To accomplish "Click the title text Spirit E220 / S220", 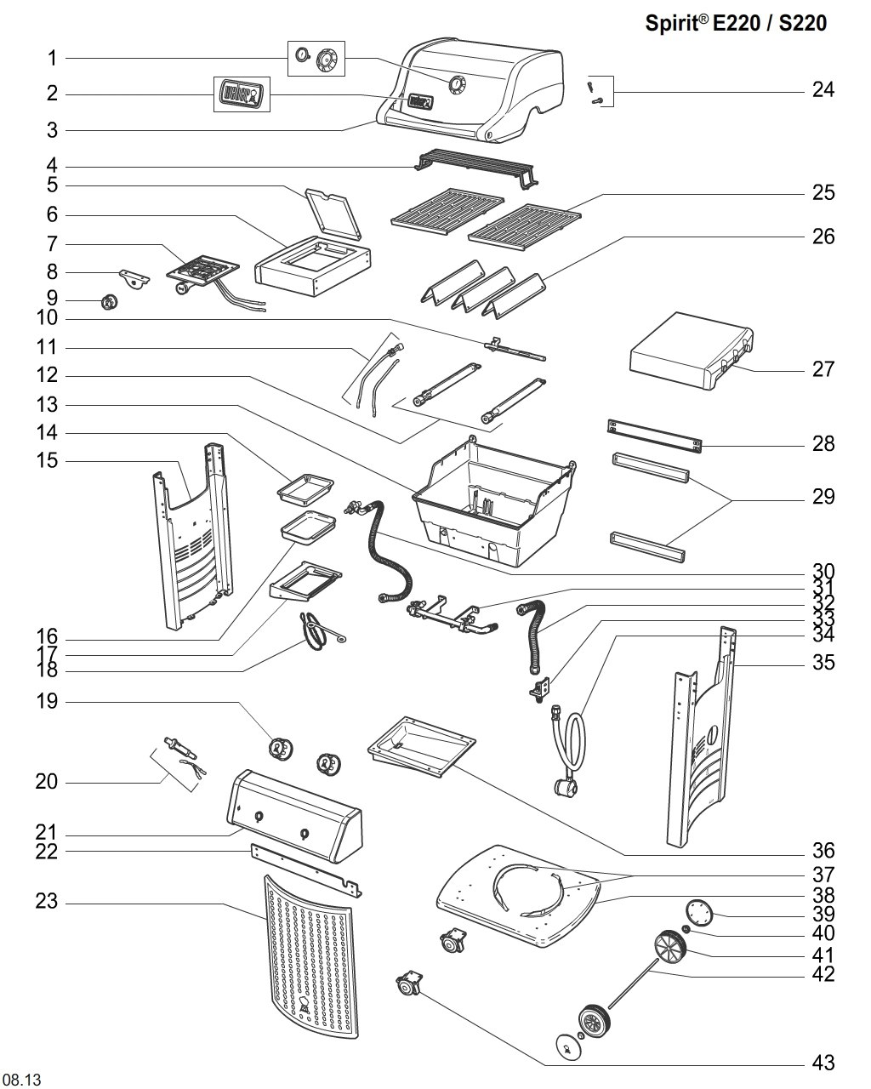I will click(x=736, y=24).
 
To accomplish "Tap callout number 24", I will click(x=823, y=89).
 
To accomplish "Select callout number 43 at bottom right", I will click(x=823, y=1063).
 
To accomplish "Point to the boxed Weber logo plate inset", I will click(x=241, y=93).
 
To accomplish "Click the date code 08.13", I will click(x=22, y=1080).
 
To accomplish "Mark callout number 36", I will click(x=823, y=851).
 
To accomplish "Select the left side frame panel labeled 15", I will click(x=193, y=536).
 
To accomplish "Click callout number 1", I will click(x=51, y=58).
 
